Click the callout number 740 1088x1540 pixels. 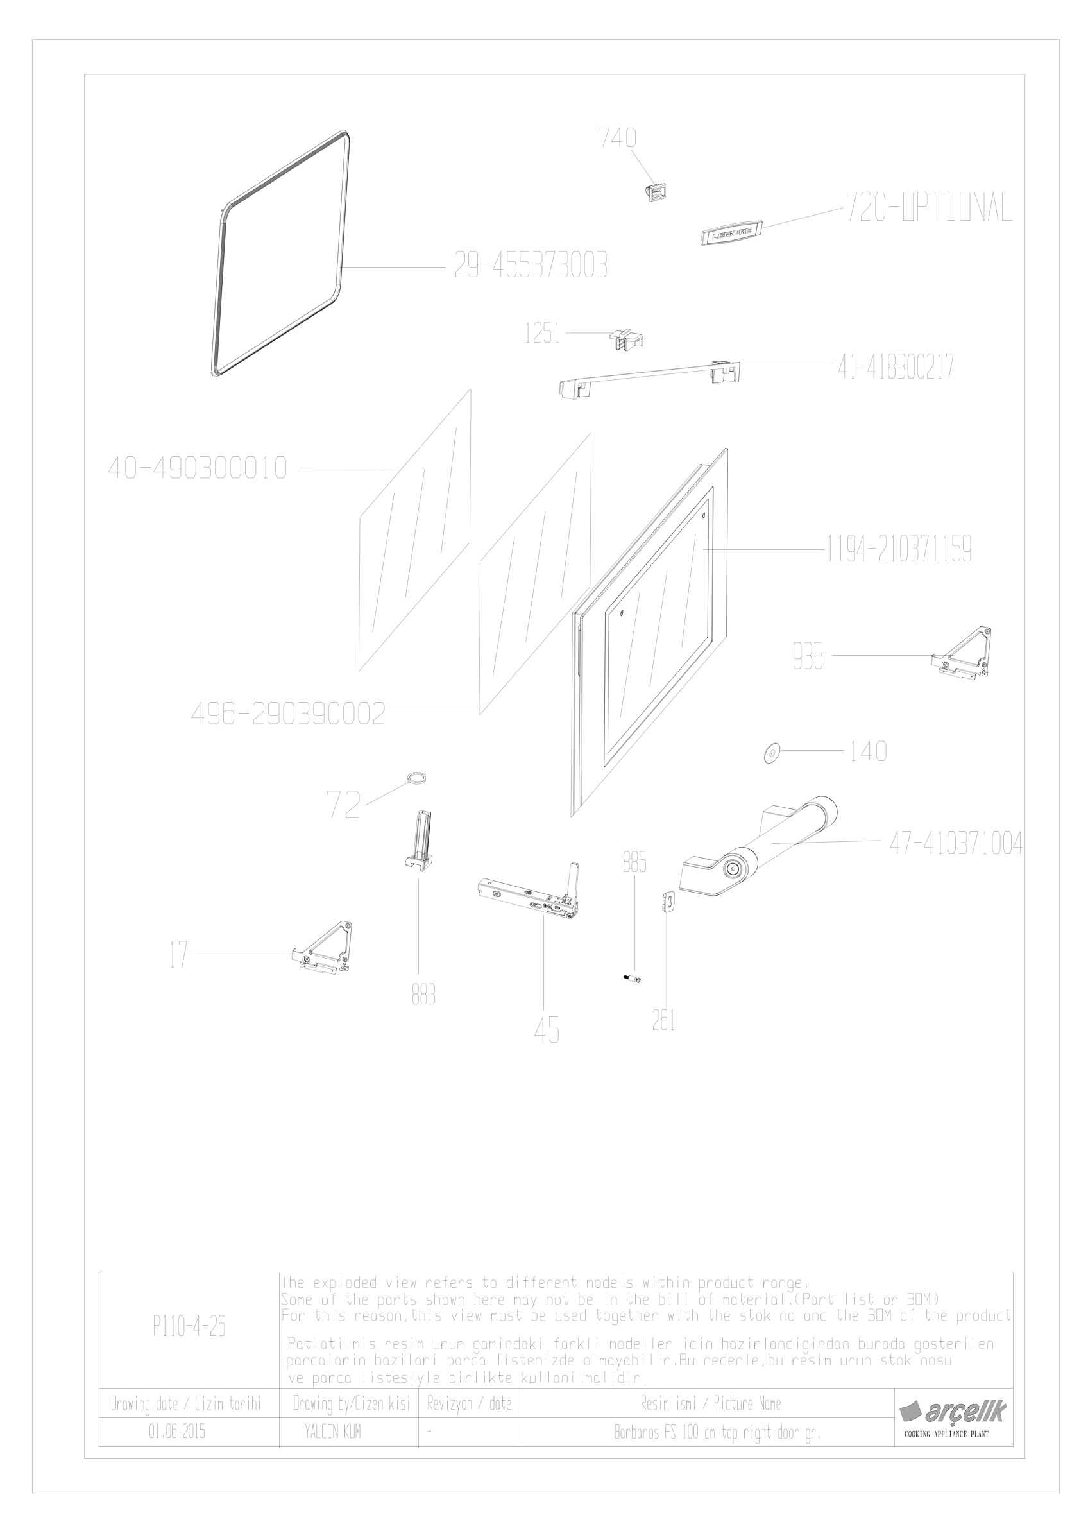[617, 137]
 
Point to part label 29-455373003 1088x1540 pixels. [531, 266]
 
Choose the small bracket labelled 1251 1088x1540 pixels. [626, 339]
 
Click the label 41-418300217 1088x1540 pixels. [896, 368]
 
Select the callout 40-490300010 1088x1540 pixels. [198, 468]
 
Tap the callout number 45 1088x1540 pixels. [547, 1030]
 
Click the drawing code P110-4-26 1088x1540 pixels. [189, 1326]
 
